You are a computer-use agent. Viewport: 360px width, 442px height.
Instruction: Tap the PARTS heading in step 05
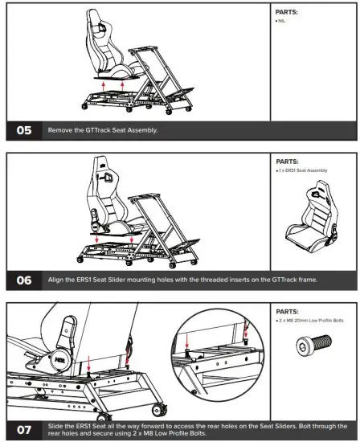(291, 12)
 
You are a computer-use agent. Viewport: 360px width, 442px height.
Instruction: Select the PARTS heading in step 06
(291, 161)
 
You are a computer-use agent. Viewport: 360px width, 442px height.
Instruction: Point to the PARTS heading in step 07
(291, 311)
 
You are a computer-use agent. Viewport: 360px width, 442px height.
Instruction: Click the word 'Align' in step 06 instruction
(56, 280)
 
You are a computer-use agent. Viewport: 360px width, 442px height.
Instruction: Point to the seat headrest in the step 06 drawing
(105, 170)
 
